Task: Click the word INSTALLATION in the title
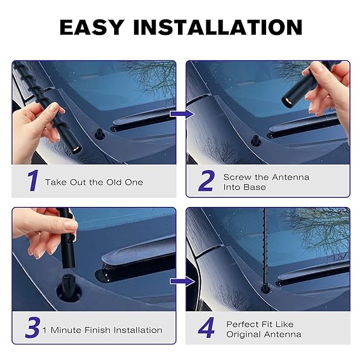point(218,27)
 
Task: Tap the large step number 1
point(33,180)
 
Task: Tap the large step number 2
point(206,180)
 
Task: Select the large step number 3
point(33,328)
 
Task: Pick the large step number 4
point(206,328)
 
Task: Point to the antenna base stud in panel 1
point(100,134)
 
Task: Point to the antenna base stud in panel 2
point(256,141)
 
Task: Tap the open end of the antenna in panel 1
point(77,148)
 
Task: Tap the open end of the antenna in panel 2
point(287,101)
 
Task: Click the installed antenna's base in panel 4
point(265,290)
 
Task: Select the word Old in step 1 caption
point(114,182)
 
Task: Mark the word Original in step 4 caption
point(244,334)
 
